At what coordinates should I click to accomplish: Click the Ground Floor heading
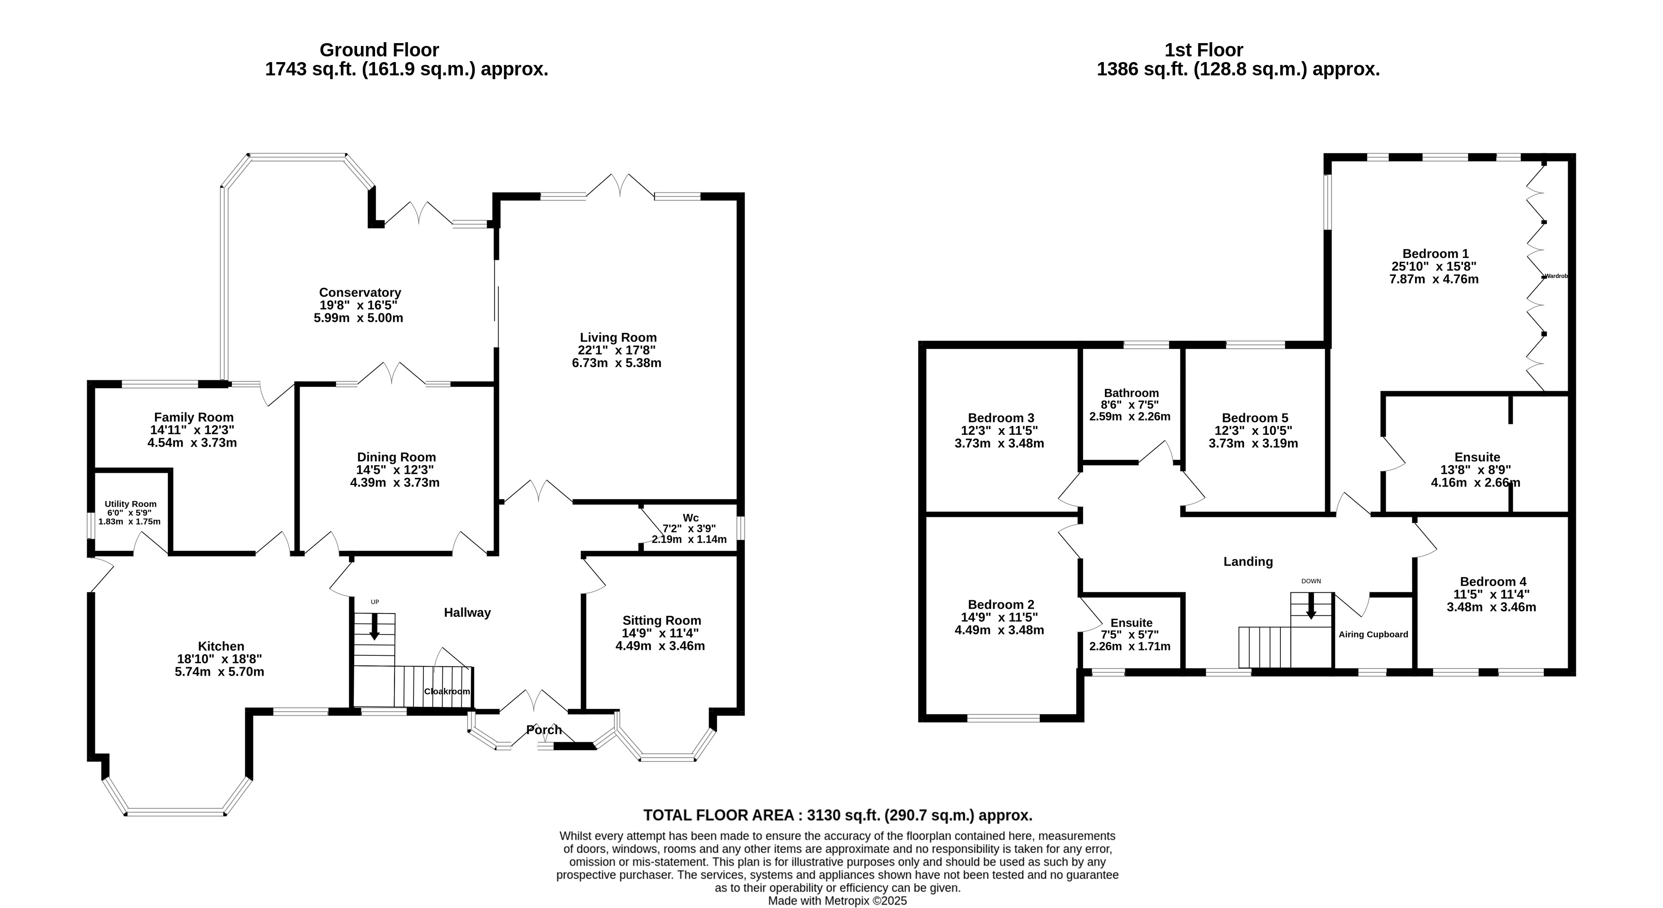(x=380, y=50)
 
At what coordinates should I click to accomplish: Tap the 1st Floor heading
(x=1204, y=50)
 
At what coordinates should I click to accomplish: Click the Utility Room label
(x=130, y=504)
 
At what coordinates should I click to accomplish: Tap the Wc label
(x=691, y=518)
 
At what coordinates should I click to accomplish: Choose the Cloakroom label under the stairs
(x=447, y=691)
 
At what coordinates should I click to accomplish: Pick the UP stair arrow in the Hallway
(x=375, y=626)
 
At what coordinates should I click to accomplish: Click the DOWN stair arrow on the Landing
(x=1311, y=605)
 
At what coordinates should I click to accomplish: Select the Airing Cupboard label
(x=1373, y=634)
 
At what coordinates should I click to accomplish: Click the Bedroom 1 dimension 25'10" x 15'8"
(x=1434, y=266)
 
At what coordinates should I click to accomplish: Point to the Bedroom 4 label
(x=1493, y=581)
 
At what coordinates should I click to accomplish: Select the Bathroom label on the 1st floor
(x=1131, y=393)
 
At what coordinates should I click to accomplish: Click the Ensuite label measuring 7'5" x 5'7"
(x=1131, y=623)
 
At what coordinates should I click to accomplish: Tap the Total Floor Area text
(x=838, y=815)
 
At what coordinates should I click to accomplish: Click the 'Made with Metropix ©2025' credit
(x=837, y=901)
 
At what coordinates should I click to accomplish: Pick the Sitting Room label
(x=662, y=620)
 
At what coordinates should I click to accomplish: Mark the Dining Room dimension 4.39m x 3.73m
(x=395, y=482)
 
